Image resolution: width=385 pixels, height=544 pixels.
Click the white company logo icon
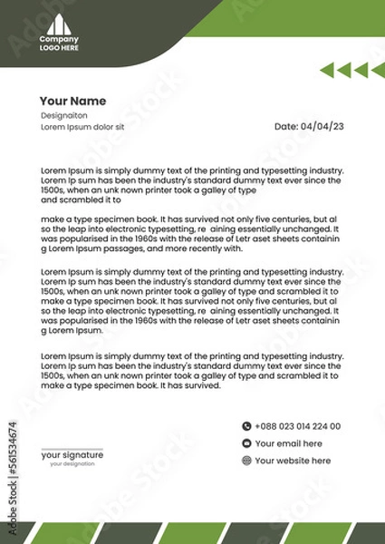[59, 24]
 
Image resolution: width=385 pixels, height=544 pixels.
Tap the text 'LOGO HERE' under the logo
[59, 47]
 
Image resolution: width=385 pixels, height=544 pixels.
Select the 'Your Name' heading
[72, 101]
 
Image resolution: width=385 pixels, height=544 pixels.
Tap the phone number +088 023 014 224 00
[298, 425]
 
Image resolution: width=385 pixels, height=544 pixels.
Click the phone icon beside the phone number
[245, 425]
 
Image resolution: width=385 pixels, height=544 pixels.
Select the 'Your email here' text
[288, 443]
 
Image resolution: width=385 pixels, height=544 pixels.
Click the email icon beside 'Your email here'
[245, 443]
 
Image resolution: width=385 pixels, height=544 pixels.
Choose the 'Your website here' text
[292, 461]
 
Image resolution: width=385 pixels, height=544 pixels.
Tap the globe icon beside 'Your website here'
[245, 461]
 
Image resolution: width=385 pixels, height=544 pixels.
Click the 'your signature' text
[72, 454]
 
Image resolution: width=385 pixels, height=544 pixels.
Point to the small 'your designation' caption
[72, 463]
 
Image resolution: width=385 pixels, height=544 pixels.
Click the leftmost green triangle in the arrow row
[329, 70]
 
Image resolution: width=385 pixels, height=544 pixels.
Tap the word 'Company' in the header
[59, 39]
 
